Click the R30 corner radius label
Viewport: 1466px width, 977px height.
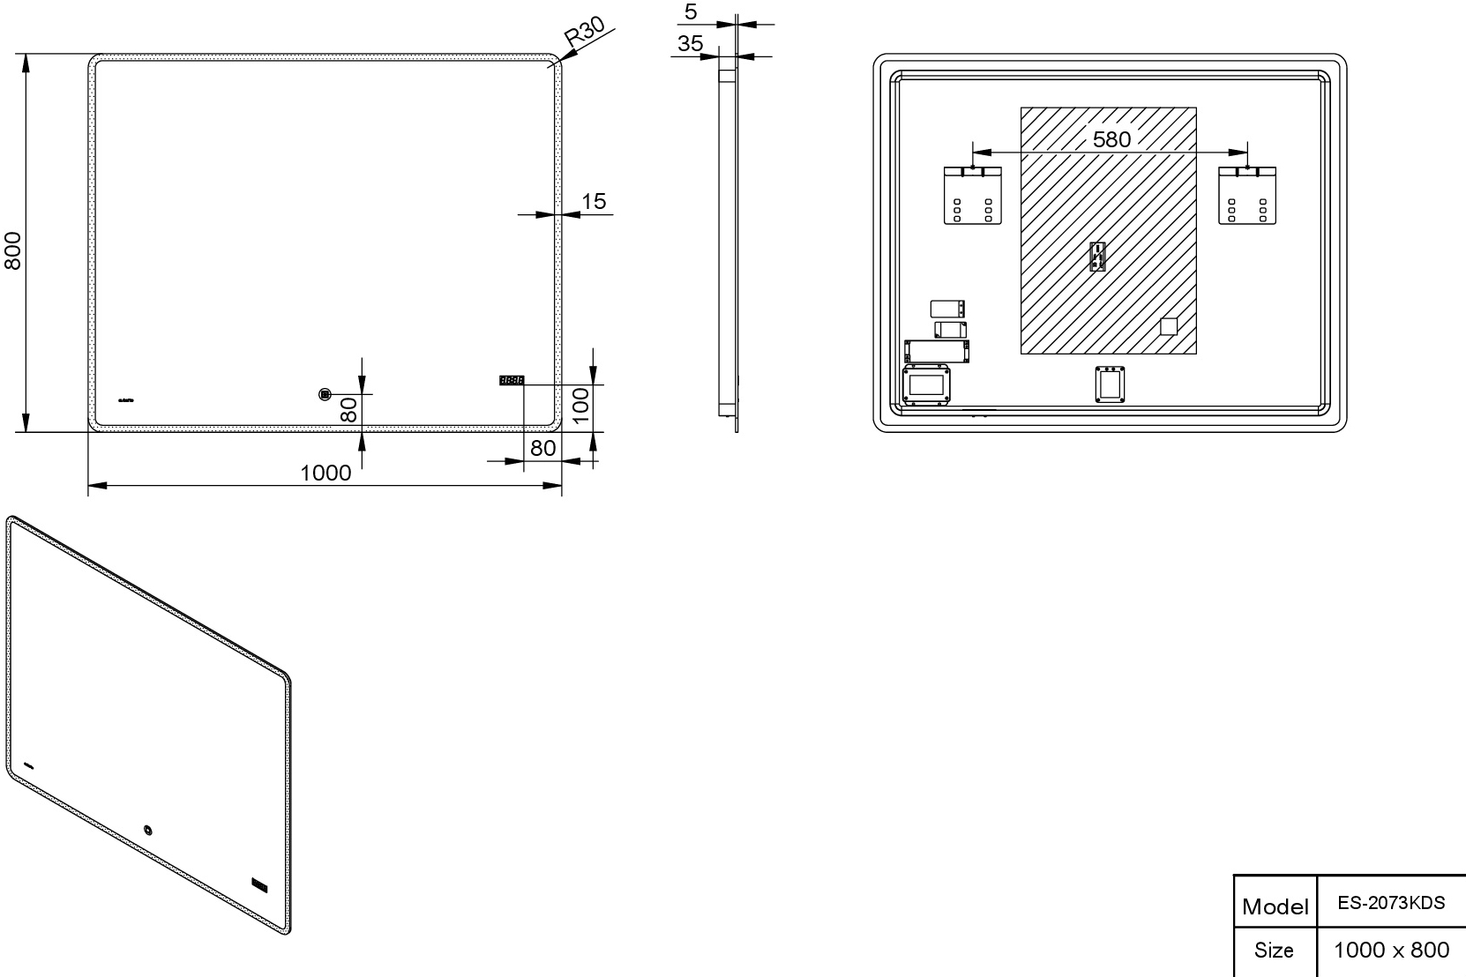[x=585, y=31]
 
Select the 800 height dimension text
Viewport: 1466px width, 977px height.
[x=12, y=250]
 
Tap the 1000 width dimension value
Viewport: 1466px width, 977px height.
[x=325, y=473]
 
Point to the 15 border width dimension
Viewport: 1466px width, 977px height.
[x=594, y=201]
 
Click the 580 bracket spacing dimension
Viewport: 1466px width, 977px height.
[x=1112, y=139]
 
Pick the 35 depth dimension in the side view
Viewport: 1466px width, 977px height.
[x=691, y=43]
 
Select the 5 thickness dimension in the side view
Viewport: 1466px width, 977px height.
[x=692, y=11]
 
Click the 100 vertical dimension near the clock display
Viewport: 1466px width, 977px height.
[x=580, y=405]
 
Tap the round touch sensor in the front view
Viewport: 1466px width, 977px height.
[x=325, y=395]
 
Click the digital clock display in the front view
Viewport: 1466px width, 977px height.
[x=511, y=379]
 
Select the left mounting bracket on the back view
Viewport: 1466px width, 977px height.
[x=973, y=196]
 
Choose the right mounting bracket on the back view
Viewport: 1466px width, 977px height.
[x=1246, y=196]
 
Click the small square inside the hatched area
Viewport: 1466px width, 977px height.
[x=1168, y=326]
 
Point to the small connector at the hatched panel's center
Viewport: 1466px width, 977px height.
[x=1097, y=256]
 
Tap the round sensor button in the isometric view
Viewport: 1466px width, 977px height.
[x=148, y=831]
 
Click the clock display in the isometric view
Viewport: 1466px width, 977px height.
[x=260, y=885]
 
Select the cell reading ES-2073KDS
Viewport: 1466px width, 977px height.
[x=1391, y=902]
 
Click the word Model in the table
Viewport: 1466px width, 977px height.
[x=1275, y=907]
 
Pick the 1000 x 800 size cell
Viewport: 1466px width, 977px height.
[x=1391, y=951]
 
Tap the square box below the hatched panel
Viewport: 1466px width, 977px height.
[x=1110, y=384]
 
